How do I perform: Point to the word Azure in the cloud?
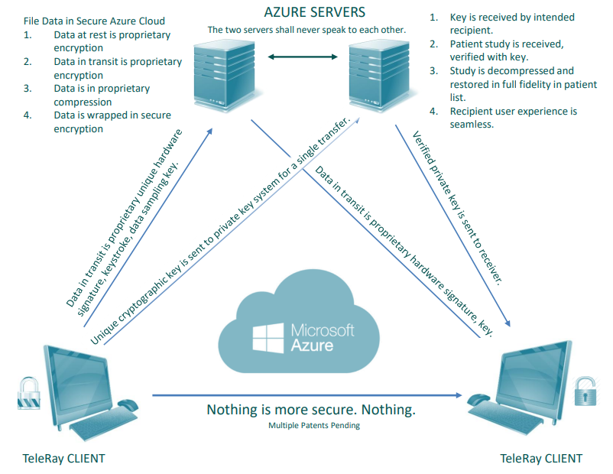(312, 345)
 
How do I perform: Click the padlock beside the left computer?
(28, 392)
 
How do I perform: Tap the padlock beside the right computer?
(585, 392)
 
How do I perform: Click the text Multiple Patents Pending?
(313, 426)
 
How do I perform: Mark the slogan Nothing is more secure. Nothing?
(311, 410)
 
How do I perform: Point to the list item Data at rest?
(112, 41)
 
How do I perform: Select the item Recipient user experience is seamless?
(513, 118)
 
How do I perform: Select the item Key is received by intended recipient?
(511, 24)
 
